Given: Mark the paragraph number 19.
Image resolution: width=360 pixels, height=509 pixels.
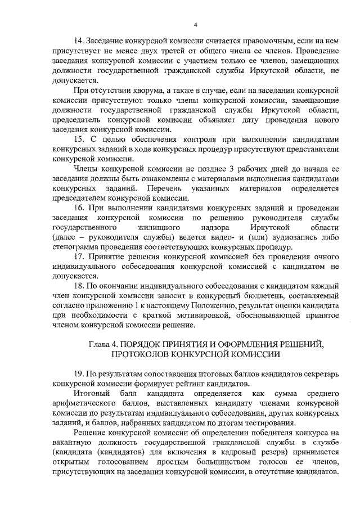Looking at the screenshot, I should (x=79, y=373).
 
